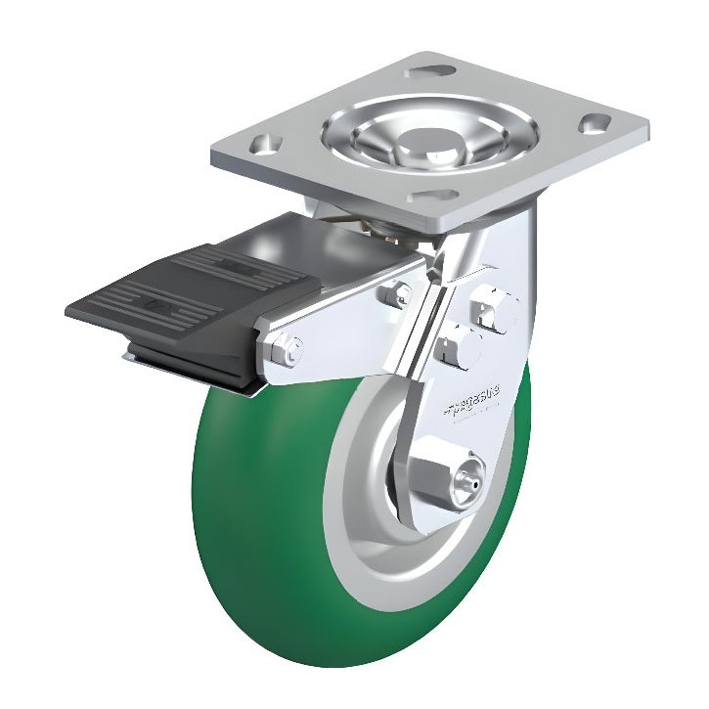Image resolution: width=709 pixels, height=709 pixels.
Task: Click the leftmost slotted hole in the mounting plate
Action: [260, 145]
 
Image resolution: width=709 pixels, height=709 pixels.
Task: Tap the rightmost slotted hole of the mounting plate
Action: [594, 123]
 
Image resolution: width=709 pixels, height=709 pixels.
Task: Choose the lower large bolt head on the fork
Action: [459, 345]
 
